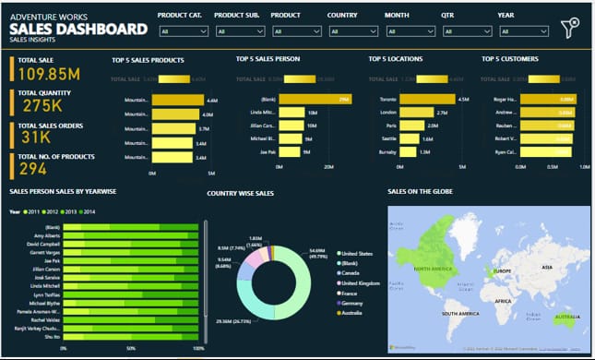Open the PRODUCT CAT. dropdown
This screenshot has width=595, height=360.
click(x=184, y=31)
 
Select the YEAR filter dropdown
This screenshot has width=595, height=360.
click(x=523, y=31)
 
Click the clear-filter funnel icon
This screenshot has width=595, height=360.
click(x=570, y=28)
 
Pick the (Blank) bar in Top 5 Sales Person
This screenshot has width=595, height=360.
click(x=314, y=99)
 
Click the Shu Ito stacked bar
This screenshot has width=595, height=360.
click(x=129, y=337)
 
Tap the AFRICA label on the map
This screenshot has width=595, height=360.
click(x=503, y=300)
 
